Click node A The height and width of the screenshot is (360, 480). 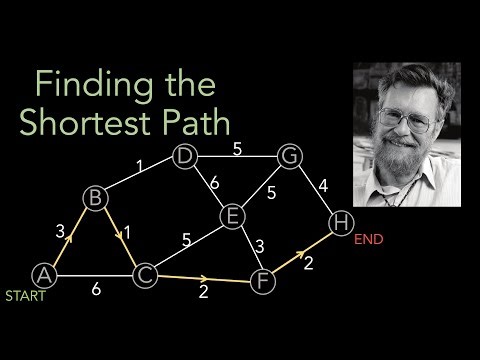click(x=43, y=272)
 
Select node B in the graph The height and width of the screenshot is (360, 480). click(x=96, y=199)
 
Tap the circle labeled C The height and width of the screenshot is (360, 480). click(x=144, y=272)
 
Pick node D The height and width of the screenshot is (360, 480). click(x=183, y=156)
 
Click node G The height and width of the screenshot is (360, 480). click(x=289, y=156)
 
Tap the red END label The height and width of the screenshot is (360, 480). click(x=369, y=240)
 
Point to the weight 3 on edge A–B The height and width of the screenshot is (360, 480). click(x=60, y=231)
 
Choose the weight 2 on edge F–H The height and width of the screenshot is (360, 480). click(x=307, y=262)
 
